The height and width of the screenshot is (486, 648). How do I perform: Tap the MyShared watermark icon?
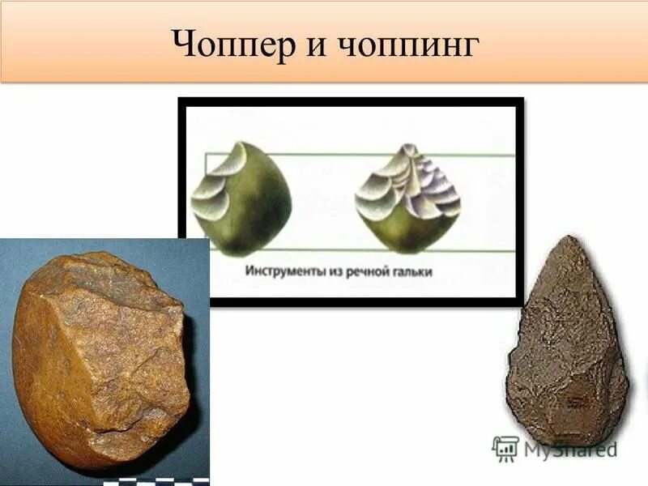coord(505,447)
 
